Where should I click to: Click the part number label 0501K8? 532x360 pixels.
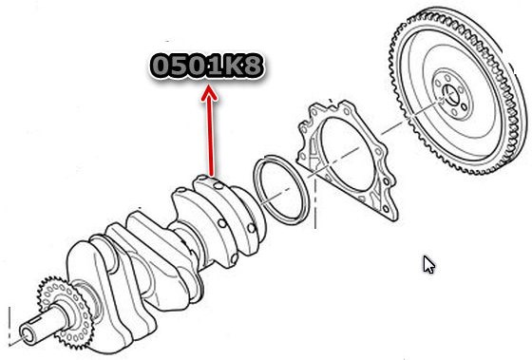207,66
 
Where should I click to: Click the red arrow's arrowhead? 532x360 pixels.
209,93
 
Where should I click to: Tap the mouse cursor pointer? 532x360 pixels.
428,265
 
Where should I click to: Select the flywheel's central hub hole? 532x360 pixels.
451,95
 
